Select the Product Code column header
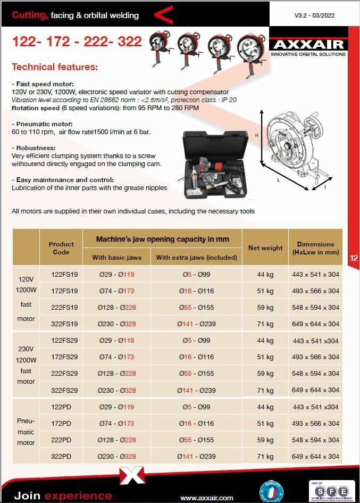coord(61,248)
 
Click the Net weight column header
coord(265,248)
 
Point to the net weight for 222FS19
coord(265,308)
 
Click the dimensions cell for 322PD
coord(315,457)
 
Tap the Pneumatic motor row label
coord(26,432)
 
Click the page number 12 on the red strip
coord(354,258)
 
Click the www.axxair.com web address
coord(207,498)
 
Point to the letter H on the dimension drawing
coord(257,135)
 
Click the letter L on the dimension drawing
coord(279,180)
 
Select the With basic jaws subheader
coord(117,258)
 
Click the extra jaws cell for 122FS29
coord(196,341)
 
